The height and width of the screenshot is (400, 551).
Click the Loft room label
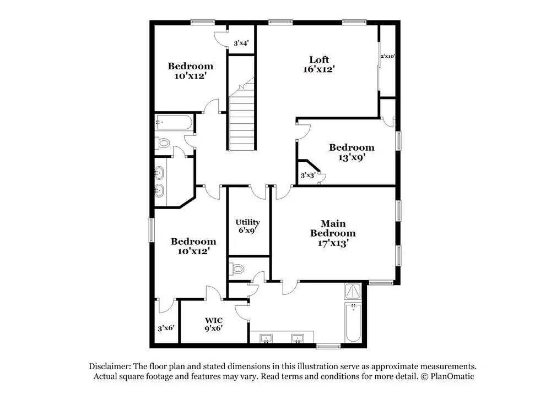coord(318,59)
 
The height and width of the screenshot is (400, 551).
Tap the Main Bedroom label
coord(333,228)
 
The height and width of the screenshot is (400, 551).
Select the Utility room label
coord(247,222)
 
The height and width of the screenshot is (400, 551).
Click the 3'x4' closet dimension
coord(241,43)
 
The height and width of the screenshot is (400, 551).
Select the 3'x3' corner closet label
coord(307,176)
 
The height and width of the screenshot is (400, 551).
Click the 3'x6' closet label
coord(166,328)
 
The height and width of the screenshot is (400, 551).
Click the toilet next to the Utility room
coord(238,269)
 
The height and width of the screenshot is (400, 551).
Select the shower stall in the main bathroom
coord(353,291)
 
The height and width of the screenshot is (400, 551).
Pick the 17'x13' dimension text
coord(333,242)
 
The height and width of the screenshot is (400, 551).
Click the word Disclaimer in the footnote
coord(109,366)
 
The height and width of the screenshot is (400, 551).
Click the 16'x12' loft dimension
coord(318,69)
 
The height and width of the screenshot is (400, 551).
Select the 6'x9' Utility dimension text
coord(247,231)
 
